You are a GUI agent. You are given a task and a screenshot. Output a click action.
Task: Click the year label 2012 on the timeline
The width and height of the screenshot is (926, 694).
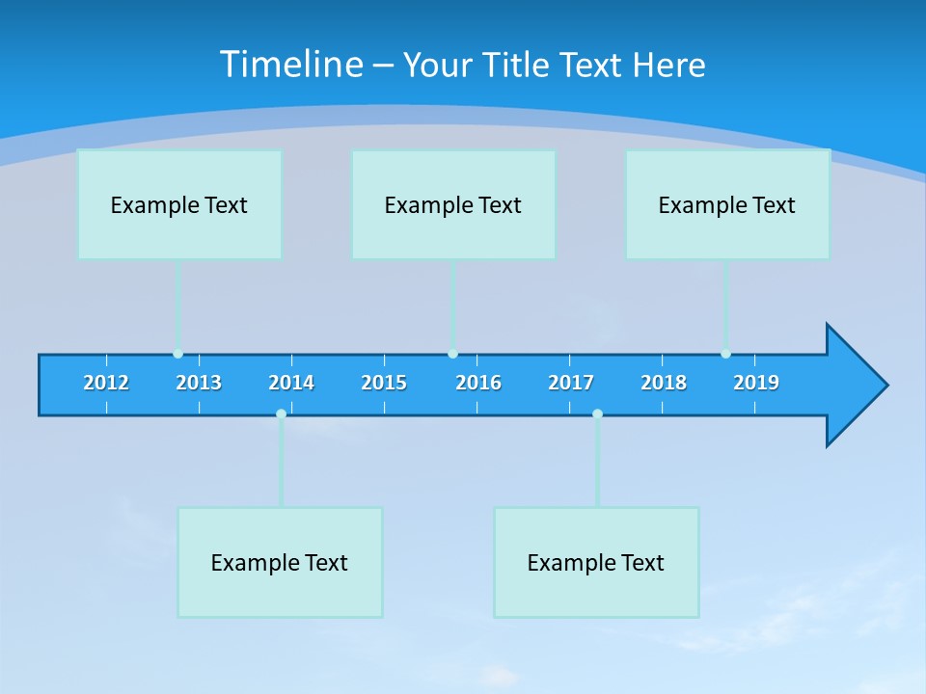tap(106, 383)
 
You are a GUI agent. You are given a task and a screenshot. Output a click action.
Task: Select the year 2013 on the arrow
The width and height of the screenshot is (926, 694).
tap(199, 383)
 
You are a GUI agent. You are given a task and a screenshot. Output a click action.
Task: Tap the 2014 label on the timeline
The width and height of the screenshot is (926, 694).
tap(291, 383)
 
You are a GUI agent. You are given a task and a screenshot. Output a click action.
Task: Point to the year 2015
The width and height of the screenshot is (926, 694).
tap(384, 383)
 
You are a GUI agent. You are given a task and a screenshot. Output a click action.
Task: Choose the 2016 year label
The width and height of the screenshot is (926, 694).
tap(478, 383)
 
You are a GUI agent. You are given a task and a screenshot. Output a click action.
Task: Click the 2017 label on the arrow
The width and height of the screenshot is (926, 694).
tap(571, 383)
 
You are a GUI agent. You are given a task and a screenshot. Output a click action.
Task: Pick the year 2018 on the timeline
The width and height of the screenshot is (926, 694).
tap(664, 383)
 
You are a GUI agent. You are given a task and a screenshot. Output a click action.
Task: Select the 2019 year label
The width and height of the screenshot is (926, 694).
tap(756, 383)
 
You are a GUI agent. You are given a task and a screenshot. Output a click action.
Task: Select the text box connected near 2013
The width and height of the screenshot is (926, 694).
tap(179, 204)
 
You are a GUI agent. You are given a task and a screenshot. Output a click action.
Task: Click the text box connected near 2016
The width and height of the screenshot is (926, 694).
tap(453, 204)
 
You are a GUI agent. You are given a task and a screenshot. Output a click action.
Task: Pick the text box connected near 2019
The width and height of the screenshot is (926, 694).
tap(727, 204)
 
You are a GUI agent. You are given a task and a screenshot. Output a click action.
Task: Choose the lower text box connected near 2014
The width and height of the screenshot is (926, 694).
tap(280, 562)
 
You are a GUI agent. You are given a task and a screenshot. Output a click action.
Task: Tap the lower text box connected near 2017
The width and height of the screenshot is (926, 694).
tap(596, 562)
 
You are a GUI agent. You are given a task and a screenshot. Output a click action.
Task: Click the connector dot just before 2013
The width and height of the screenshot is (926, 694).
tap(177, 354)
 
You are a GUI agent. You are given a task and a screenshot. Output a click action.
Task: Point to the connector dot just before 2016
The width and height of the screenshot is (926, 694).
tap(452, 354)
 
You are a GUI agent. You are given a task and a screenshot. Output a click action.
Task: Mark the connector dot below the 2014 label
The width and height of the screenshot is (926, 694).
tap(281, 414)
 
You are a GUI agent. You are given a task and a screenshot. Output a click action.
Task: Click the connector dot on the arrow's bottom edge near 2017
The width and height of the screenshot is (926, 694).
tap(597, 414)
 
